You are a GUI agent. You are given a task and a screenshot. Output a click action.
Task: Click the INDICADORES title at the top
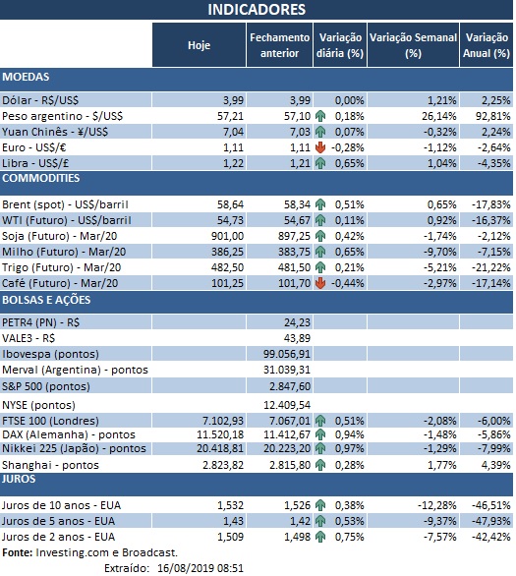[x=257, y=10]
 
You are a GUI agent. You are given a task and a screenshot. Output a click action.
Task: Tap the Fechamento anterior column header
[x=278, y=44]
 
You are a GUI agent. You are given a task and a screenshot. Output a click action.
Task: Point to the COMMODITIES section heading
[x=40, y=178]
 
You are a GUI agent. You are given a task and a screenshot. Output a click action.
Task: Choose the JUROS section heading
[x=21, y=479]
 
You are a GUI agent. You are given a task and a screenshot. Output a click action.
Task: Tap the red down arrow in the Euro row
[x=321, y=146]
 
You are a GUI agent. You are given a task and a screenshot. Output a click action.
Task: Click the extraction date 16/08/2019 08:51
[x=201, y=567]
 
